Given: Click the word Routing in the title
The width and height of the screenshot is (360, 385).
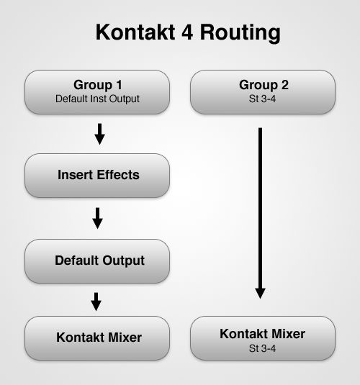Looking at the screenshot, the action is click(240, 33).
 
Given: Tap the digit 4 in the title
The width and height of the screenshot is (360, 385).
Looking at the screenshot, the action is click(187, 32).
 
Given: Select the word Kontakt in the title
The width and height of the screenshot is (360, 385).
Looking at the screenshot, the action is click(135, 32).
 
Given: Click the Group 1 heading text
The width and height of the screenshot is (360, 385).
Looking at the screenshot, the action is click(98, 85).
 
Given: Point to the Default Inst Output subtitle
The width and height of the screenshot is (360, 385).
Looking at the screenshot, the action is click(97, 99).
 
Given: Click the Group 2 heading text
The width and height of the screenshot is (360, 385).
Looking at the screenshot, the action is click(264, 85).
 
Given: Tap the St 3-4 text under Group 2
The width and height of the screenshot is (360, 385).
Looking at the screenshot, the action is click(262, 99).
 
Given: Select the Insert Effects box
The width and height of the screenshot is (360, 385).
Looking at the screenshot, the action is click(97, 176).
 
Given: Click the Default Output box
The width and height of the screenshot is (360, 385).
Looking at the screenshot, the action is click(97, 261).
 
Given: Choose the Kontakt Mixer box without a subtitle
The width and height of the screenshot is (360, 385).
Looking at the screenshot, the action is click(97, 338).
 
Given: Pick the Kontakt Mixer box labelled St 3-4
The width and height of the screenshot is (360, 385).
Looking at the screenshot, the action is click(263, 338).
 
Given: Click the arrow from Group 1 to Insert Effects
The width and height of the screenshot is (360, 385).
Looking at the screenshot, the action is click(99, 134).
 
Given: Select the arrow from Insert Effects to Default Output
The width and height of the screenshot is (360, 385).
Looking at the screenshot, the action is click(97, 218).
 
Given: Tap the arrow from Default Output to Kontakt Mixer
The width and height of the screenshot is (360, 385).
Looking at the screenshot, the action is click(96, 302).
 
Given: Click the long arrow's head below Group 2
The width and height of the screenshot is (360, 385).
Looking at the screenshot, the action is click(260, 294).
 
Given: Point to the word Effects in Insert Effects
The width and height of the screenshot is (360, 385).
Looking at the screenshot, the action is click(118, 175).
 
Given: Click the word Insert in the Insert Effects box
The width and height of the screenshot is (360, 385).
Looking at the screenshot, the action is click(75, 175).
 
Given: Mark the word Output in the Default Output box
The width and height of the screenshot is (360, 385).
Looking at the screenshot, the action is click(124, 261).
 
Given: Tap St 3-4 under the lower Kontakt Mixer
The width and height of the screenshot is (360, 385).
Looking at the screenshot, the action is click(262, 348).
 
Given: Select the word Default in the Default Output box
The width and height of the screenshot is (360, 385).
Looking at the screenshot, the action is click(76, 261).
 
